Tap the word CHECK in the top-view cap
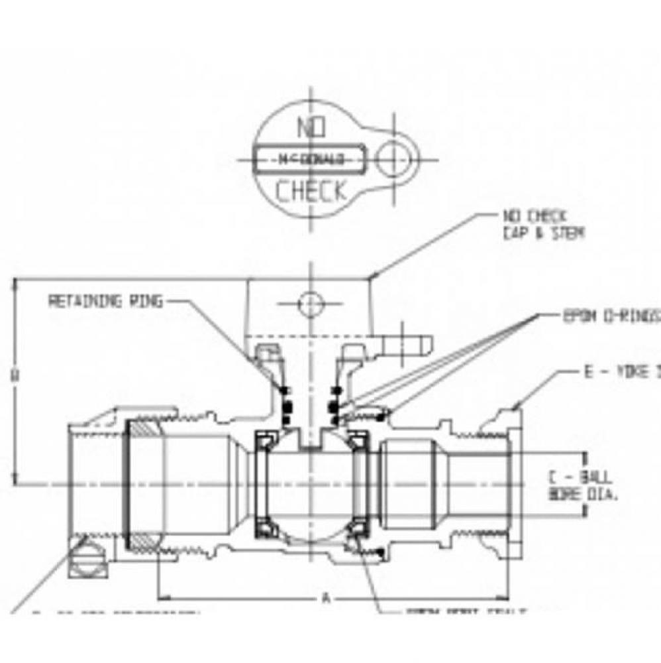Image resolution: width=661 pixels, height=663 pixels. tap(311, 192)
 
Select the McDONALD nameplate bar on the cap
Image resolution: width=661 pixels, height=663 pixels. tap(309, 159)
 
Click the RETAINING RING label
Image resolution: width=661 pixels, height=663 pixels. tap(105, 302)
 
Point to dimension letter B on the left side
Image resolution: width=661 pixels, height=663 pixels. tap(15, 375)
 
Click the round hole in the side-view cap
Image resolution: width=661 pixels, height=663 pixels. tap(310, 304)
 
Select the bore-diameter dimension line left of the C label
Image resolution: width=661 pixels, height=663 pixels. tap(585, 484)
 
